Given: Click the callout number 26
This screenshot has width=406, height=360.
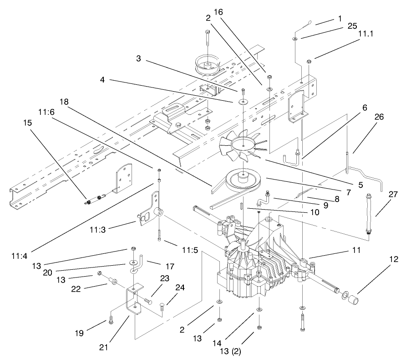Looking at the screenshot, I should pyautogui.click(x=379, y=117).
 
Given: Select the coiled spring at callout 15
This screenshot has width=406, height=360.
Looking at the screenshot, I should pyautogui.click(x=93, y=199).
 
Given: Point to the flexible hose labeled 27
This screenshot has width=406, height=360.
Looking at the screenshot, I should pyautogui.click(x=368, y=212).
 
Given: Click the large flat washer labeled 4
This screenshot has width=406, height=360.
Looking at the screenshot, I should pyautogui.click(x=244, y=100).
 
